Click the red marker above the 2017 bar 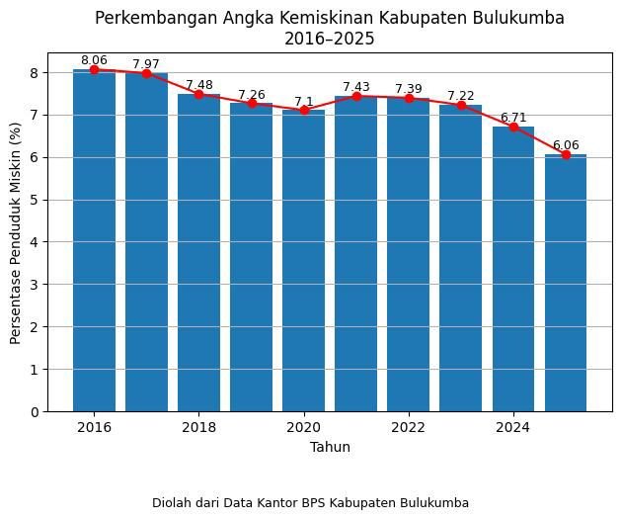[x=146, y=73]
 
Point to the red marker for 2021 [x=356, y=96]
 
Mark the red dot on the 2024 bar [x=513, y=127]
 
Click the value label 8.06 [x=94, y=60]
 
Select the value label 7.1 [x=303, y=101]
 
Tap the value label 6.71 [x=513, y=118]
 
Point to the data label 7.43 [x=356, y=87]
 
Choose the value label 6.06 [x=566, y=145]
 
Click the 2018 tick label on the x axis [x=198, y=427]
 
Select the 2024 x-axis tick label [x=513, y=427]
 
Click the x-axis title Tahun [x=330, y=447]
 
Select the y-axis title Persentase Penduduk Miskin [x=16, y=240]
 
